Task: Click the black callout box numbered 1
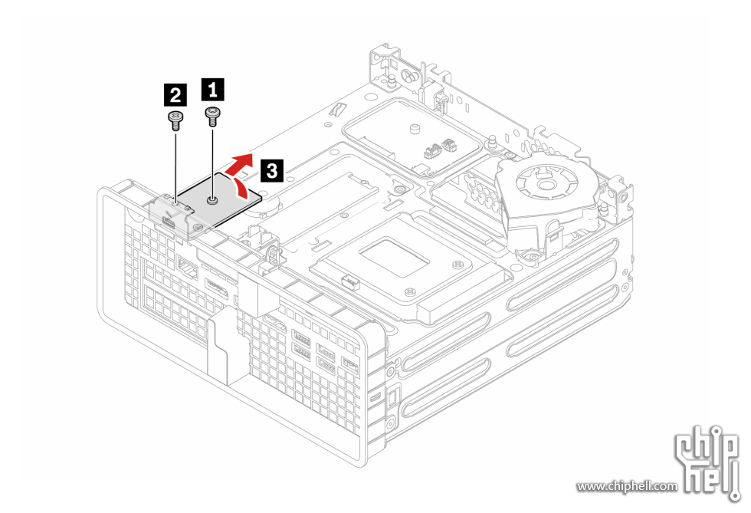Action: [x=212, y=90]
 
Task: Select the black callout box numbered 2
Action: [x=175, y=96]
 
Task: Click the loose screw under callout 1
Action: [x=212, y=116]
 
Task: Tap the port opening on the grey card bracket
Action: [x=167, y=222]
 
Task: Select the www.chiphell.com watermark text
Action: [x=627, y=486]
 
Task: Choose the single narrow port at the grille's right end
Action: [x=351, y=361]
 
